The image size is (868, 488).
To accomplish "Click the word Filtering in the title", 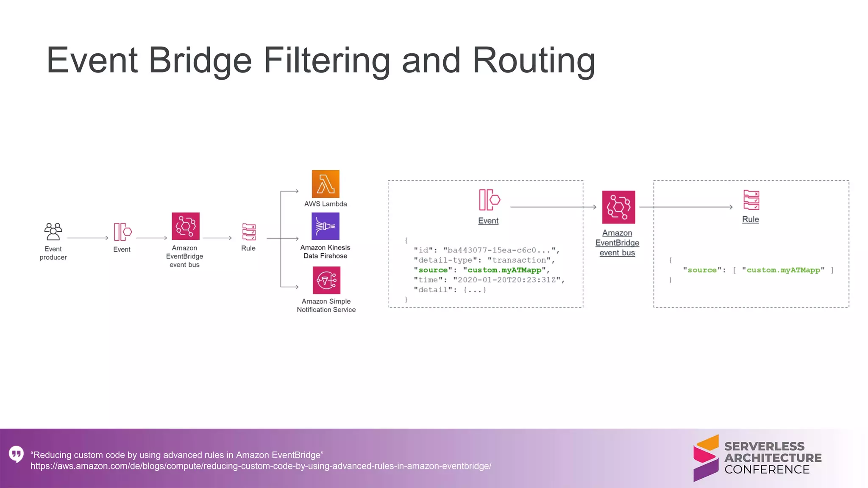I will click(326, 60).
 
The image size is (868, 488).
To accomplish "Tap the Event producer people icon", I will click(53, 232).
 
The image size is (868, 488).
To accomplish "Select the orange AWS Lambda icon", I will click(325, 184).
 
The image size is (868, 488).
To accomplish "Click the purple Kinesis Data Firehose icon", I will click(325, 226).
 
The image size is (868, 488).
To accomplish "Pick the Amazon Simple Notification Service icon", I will click(326, 280).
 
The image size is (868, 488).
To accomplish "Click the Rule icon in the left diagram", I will click(249, 232).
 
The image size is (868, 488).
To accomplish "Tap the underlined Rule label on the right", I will click(750, 219).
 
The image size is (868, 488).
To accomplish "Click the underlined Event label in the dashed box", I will click(488, 221).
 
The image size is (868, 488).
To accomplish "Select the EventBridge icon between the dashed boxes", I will click(618, 207).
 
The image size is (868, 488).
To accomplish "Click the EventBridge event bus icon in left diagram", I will click(185, 226).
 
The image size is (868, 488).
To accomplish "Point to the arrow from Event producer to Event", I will click(88, 238).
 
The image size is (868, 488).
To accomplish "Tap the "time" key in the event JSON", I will click(428, 280).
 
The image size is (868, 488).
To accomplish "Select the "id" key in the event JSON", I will click(423, 250).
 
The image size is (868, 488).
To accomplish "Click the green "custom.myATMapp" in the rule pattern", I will click(783, 270).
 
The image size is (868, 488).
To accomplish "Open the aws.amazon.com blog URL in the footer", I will click(261, 466).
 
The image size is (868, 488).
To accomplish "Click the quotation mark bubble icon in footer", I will click(16, 454).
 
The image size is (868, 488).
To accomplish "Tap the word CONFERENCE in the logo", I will click(767, 469).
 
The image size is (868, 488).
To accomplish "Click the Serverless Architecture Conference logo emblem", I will click(706, 458).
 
